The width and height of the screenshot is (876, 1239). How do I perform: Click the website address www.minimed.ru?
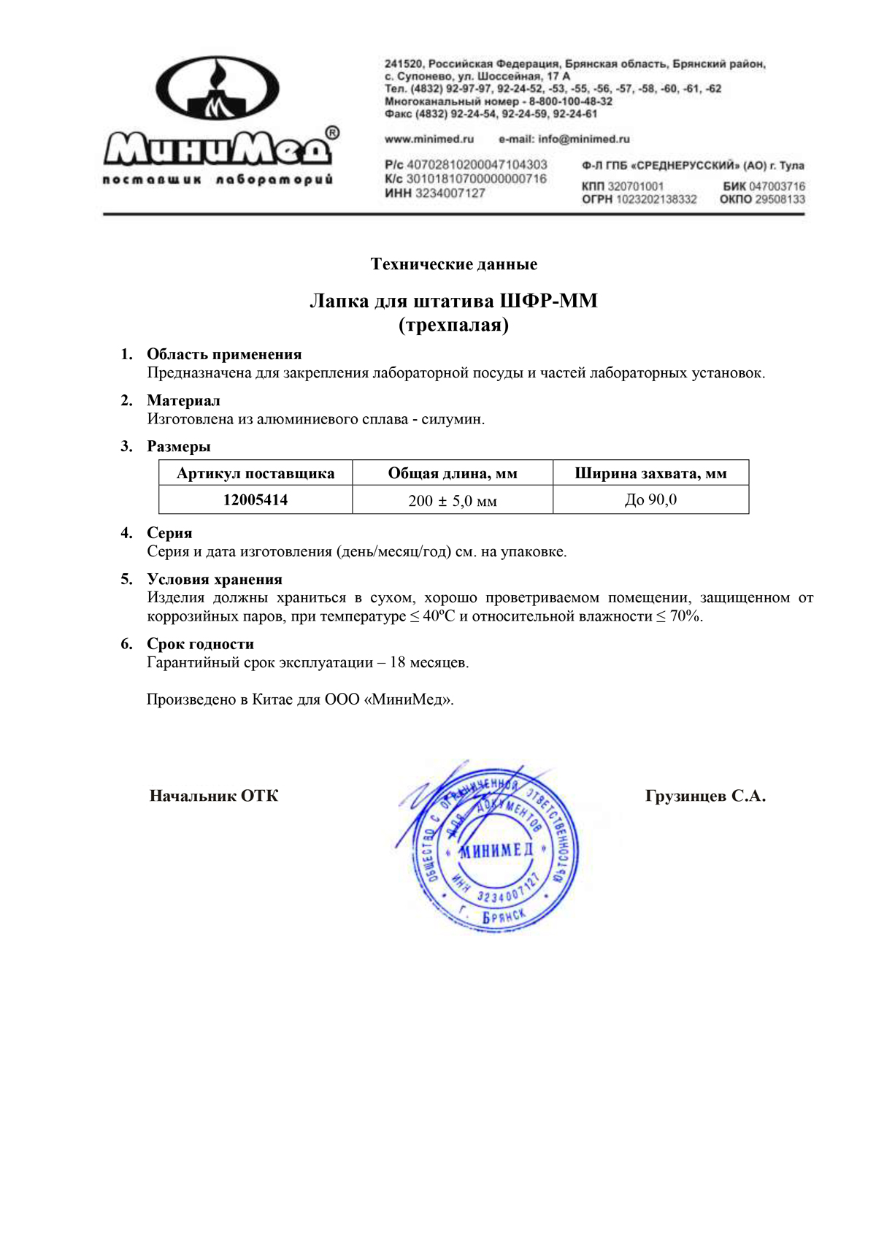click(x=429, y=139)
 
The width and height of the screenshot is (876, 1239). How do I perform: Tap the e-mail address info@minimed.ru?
click(x=584, y=139)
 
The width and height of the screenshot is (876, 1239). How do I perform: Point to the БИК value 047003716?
click(x=777, y=186)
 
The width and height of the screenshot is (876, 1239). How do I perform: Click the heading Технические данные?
click(x=453, y=264)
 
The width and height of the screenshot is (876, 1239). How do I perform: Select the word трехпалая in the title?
click(x=453, y=325)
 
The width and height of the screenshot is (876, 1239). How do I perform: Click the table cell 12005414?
click(x=255, y=500)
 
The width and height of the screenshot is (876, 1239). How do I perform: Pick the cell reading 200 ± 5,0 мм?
click(x=453, y=501)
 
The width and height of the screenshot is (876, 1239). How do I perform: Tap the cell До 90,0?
click(x=650, y=500)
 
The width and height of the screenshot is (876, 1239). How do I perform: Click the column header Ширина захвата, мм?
click(x=650, y=473)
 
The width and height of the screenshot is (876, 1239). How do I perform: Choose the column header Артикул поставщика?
click(x=255, y=473)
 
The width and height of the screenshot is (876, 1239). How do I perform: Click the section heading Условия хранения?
click(x=215, y=579)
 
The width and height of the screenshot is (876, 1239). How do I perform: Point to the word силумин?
click(x=452, y=419)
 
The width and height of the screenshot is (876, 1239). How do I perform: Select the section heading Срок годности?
click(x=201, y=644)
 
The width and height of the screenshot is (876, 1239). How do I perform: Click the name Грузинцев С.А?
click(x=705, y=796)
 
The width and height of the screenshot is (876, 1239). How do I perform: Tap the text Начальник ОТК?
click(x=214, y=796)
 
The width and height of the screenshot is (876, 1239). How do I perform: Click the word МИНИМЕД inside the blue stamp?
click(x=496, y=850)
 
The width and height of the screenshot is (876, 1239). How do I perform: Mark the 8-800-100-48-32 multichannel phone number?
click(x=571, y=101)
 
